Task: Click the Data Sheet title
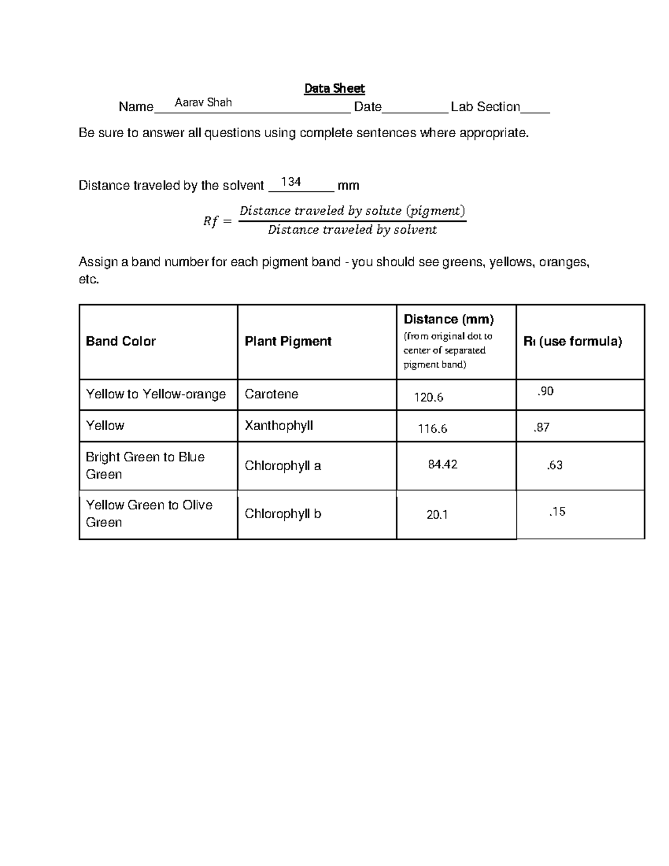(334, 89)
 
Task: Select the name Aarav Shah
(203, 103)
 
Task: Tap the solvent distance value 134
(291, 182)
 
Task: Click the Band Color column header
(121, 341)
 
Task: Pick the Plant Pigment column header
(288, 341)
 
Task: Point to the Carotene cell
(272, 394)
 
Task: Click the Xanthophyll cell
(279, 425)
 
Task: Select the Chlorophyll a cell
(283, 466)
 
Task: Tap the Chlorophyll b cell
(283, 514)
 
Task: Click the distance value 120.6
(428, 398)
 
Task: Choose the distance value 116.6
(433, 429)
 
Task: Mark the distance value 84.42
(443, 465)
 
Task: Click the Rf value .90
(545, 391)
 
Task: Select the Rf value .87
(541, 428)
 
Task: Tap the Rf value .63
(555, 465)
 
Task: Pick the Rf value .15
(557, 512)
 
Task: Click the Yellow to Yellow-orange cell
(156, 394)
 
